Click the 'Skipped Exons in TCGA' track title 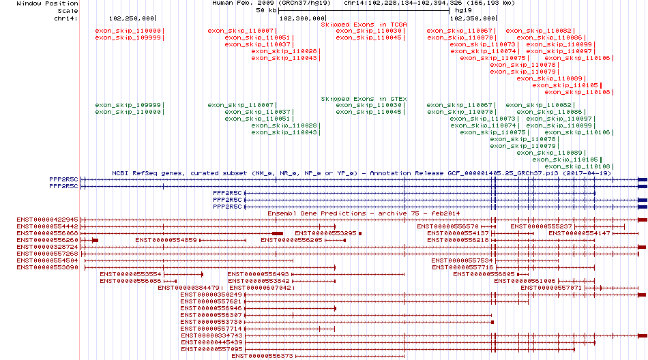tap(364, 25)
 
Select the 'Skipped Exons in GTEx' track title tap(364, 99)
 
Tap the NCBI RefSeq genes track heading tap(362, 173)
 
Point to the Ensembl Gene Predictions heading tap(364, 213)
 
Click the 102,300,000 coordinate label tap(302, 18)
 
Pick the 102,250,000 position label tap(132, 18)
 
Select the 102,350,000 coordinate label tap(473, 18)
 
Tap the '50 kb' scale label tap(266, 10)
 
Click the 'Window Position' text tap(47, 3)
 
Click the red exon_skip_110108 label tap(577, 92)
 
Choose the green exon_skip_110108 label tap(577, 166)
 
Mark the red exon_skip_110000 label tap(128, 31)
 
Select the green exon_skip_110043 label tap(284, 132)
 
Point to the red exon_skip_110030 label tap(368, 31)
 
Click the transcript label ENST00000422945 tap(47, 220)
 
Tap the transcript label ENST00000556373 tap(262, 356)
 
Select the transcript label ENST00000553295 tap(325, 233)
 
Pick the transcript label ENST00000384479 tap(188, 288)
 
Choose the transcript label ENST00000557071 tap(551, 288)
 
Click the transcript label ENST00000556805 tap(484, 274)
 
